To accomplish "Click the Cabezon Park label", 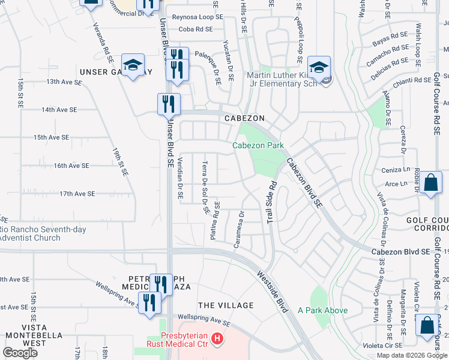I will (258, 145).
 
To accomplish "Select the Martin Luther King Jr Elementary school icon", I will (319, 67).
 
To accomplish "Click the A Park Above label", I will (322, 310).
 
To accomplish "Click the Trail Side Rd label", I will (271, 203).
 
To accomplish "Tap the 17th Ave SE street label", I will (77, 194).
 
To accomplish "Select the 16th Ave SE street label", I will (71, 166).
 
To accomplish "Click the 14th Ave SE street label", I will (59, 110).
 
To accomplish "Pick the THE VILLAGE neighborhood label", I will (226, 305).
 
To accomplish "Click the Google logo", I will (20, 353).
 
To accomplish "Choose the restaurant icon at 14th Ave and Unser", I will (169, 104).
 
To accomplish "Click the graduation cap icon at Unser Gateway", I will (133, 65).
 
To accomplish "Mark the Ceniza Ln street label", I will (394, 171).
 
